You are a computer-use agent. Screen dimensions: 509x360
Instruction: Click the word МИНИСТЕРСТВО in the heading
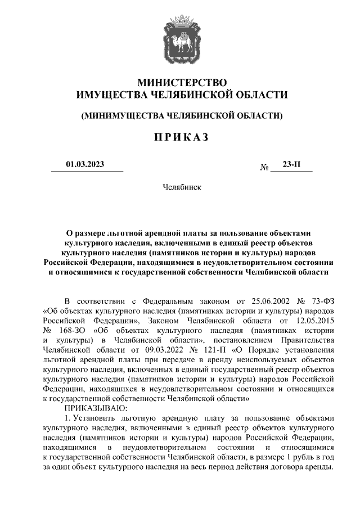coord(181,82)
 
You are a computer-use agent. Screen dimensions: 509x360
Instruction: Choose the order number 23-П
coord(291,165)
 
